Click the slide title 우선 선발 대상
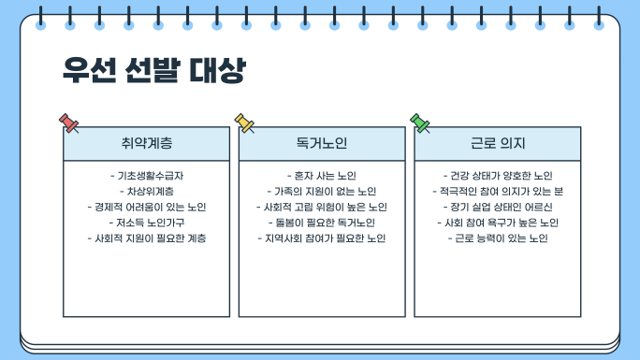coord(154,70)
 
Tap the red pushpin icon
coord(68,123)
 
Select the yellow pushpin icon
coord(244,123)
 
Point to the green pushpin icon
coord(419,123)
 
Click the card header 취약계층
coord(147,143)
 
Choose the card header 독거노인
coord(322,143)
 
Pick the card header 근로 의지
coord(498,143)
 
